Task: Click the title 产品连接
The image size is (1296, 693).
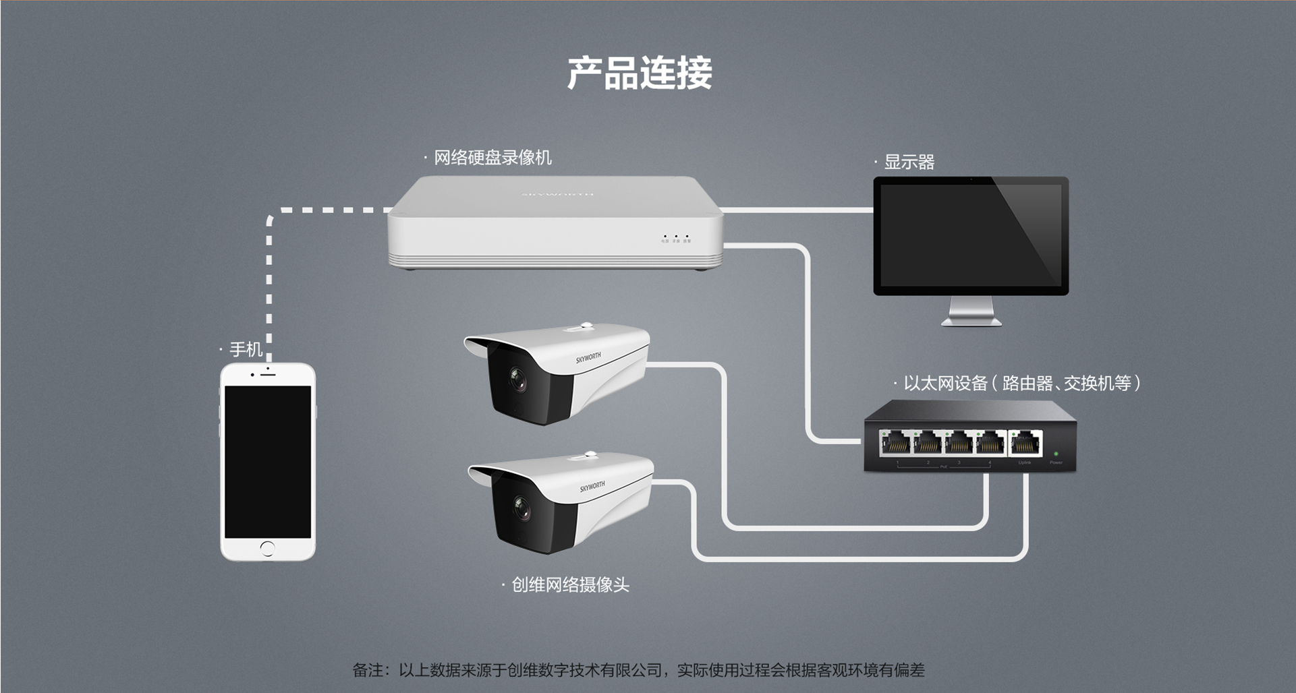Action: (639, 73)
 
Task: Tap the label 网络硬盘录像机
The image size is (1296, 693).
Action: (492, 158)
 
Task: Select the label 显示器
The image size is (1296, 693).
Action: (908, 162)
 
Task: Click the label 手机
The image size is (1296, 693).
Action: (246, 349)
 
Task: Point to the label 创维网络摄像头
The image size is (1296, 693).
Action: (570, 584)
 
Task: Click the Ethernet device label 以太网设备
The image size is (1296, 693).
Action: (945, 384)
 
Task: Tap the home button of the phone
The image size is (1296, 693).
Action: (268, 547)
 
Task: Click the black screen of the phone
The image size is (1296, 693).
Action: (268, 462)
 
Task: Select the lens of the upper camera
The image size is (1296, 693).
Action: (517, 380)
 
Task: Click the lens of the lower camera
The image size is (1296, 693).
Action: (521, 510)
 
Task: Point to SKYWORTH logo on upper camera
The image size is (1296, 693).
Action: (588, 357)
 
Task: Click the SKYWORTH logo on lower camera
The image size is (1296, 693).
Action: (592, 487)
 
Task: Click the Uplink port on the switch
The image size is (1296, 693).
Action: (1025, 444)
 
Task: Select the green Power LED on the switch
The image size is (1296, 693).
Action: (1056, 454)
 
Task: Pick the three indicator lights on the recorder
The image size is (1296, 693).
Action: (676, 237)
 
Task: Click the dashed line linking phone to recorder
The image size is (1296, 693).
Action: (269, 270)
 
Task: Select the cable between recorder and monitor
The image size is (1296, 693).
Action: (796, 210)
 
